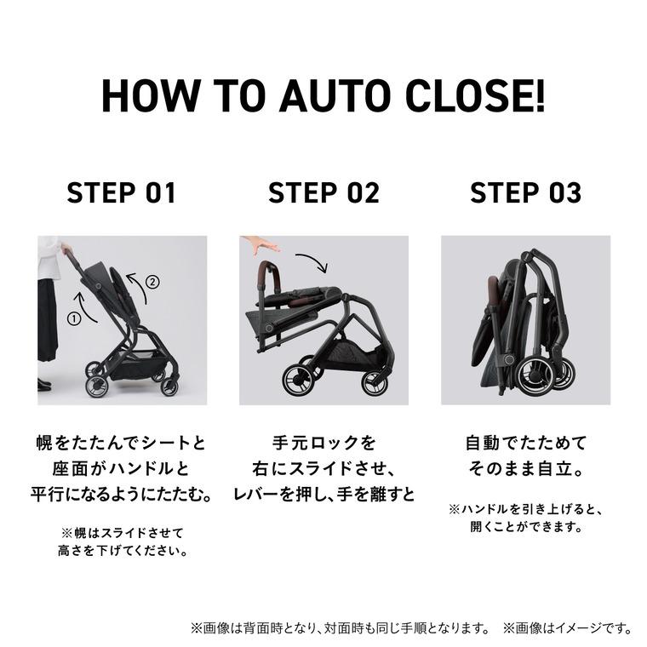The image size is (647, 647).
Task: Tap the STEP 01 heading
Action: (122, 192)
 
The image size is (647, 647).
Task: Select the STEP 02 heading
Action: (323, 192)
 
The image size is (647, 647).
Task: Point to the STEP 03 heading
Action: (525, 192)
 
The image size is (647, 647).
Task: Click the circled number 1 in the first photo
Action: (74, 318)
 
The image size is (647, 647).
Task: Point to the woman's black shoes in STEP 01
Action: (44, 386)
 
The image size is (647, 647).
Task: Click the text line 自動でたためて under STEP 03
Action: (525, 444)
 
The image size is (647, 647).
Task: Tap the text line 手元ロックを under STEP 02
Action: (323, 444)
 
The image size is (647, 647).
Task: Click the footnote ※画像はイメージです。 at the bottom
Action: (567, 629)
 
